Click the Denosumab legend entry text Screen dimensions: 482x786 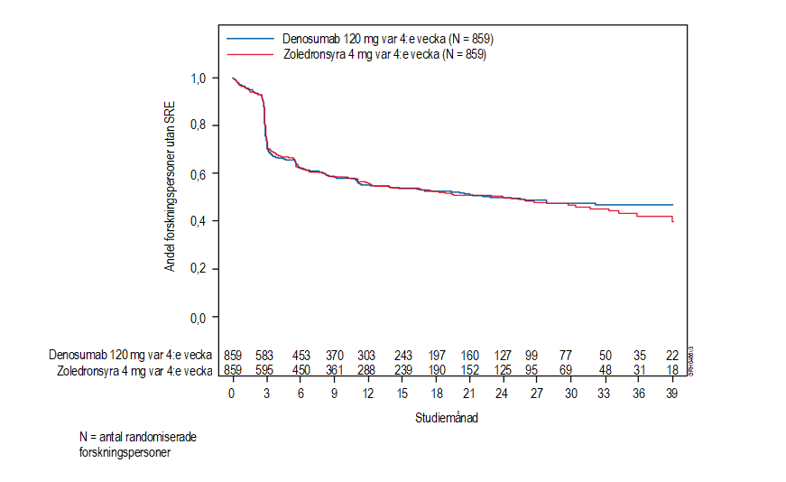point(387,39)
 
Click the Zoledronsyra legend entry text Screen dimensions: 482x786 point(384,54)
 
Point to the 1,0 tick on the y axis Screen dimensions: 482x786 point(200,79)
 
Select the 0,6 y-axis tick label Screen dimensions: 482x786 point(200,173)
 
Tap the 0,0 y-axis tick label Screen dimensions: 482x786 point(200,318)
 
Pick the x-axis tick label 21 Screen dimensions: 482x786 point(469,394)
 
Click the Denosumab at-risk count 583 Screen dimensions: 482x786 point(266,356)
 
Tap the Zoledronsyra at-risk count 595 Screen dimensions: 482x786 point(266,370)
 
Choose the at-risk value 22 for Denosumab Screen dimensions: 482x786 point(673,356)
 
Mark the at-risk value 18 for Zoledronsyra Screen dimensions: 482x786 point(673,370)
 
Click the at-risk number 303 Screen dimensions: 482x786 point(367,356)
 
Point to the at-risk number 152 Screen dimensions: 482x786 point(469,370)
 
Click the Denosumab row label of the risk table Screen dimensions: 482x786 point(131,356)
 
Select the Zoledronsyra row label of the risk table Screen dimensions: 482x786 point(134,370)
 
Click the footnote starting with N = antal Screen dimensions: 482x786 point(138,444)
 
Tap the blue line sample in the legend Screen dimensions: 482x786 point(249,39)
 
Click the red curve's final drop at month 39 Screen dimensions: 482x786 point(673,219)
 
